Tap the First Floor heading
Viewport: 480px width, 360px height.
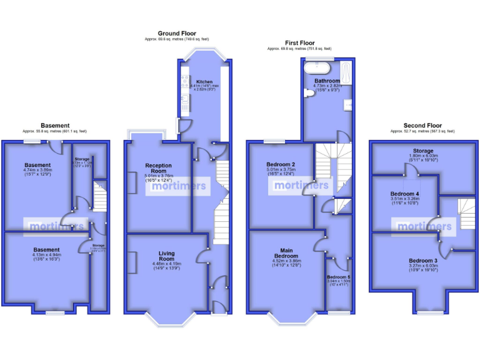point(299,43)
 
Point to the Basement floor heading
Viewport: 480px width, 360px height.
point(54,126)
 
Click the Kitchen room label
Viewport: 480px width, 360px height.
point(204,82)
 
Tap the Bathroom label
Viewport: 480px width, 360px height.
point(326,81)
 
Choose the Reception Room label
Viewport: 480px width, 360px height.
point(158,168)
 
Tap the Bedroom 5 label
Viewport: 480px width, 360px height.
point(339,276)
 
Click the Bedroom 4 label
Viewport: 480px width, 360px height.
point(404,194)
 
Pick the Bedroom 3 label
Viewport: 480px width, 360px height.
point(422,261)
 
